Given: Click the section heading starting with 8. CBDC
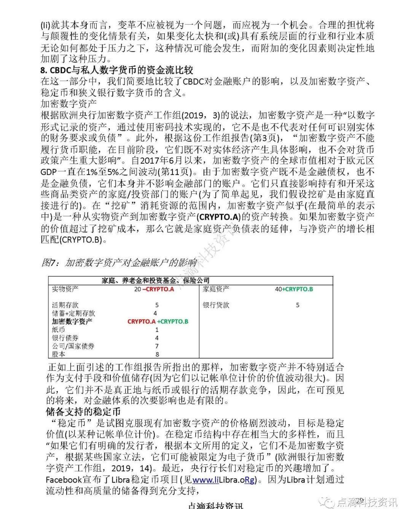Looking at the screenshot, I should click(x=117, y=70).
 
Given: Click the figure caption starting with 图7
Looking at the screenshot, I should click(x=119, y=263).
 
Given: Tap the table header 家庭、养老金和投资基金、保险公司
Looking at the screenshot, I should click(x=155, y=281).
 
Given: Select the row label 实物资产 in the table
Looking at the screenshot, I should click(x=65, y=289).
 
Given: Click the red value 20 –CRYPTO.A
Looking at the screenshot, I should click(x=154, y=289).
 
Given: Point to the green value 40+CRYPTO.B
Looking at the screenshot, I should click(x=294, y=289).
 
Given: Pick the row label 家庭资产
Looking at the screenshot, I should click(x=216, y=289).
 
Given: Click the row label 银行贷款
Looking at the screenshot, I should click(x=216, y=305).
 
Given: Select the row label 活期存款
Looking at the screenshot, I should click(x=65, y=305).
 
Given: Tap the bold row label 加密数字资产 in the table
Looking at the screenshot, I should click(x=72, y=321).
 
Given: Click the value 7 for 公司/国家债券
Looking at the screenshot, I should click(x=157, y=346).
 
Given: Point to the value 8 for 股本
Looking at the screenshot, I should click(x=157, y=354).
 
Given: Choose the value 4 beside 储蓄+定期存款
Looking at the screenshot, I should click(x=155, y=313).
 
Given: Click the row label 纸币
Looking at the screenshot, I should click(x=58, y=330).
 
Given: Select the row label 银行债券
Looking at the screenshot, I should click(x=65, y=338).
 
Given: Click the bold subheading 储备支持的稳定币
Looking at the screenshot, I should click(x=83, y=412).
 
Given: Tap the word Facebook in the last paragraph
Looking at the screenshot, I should click(x=64, y=480).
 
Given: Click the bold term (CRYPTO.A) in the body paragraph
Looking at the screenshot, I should click(x=218, y=217).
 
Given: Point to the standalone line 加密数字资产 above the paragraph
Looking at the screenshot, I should click(x=68, y=104).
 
